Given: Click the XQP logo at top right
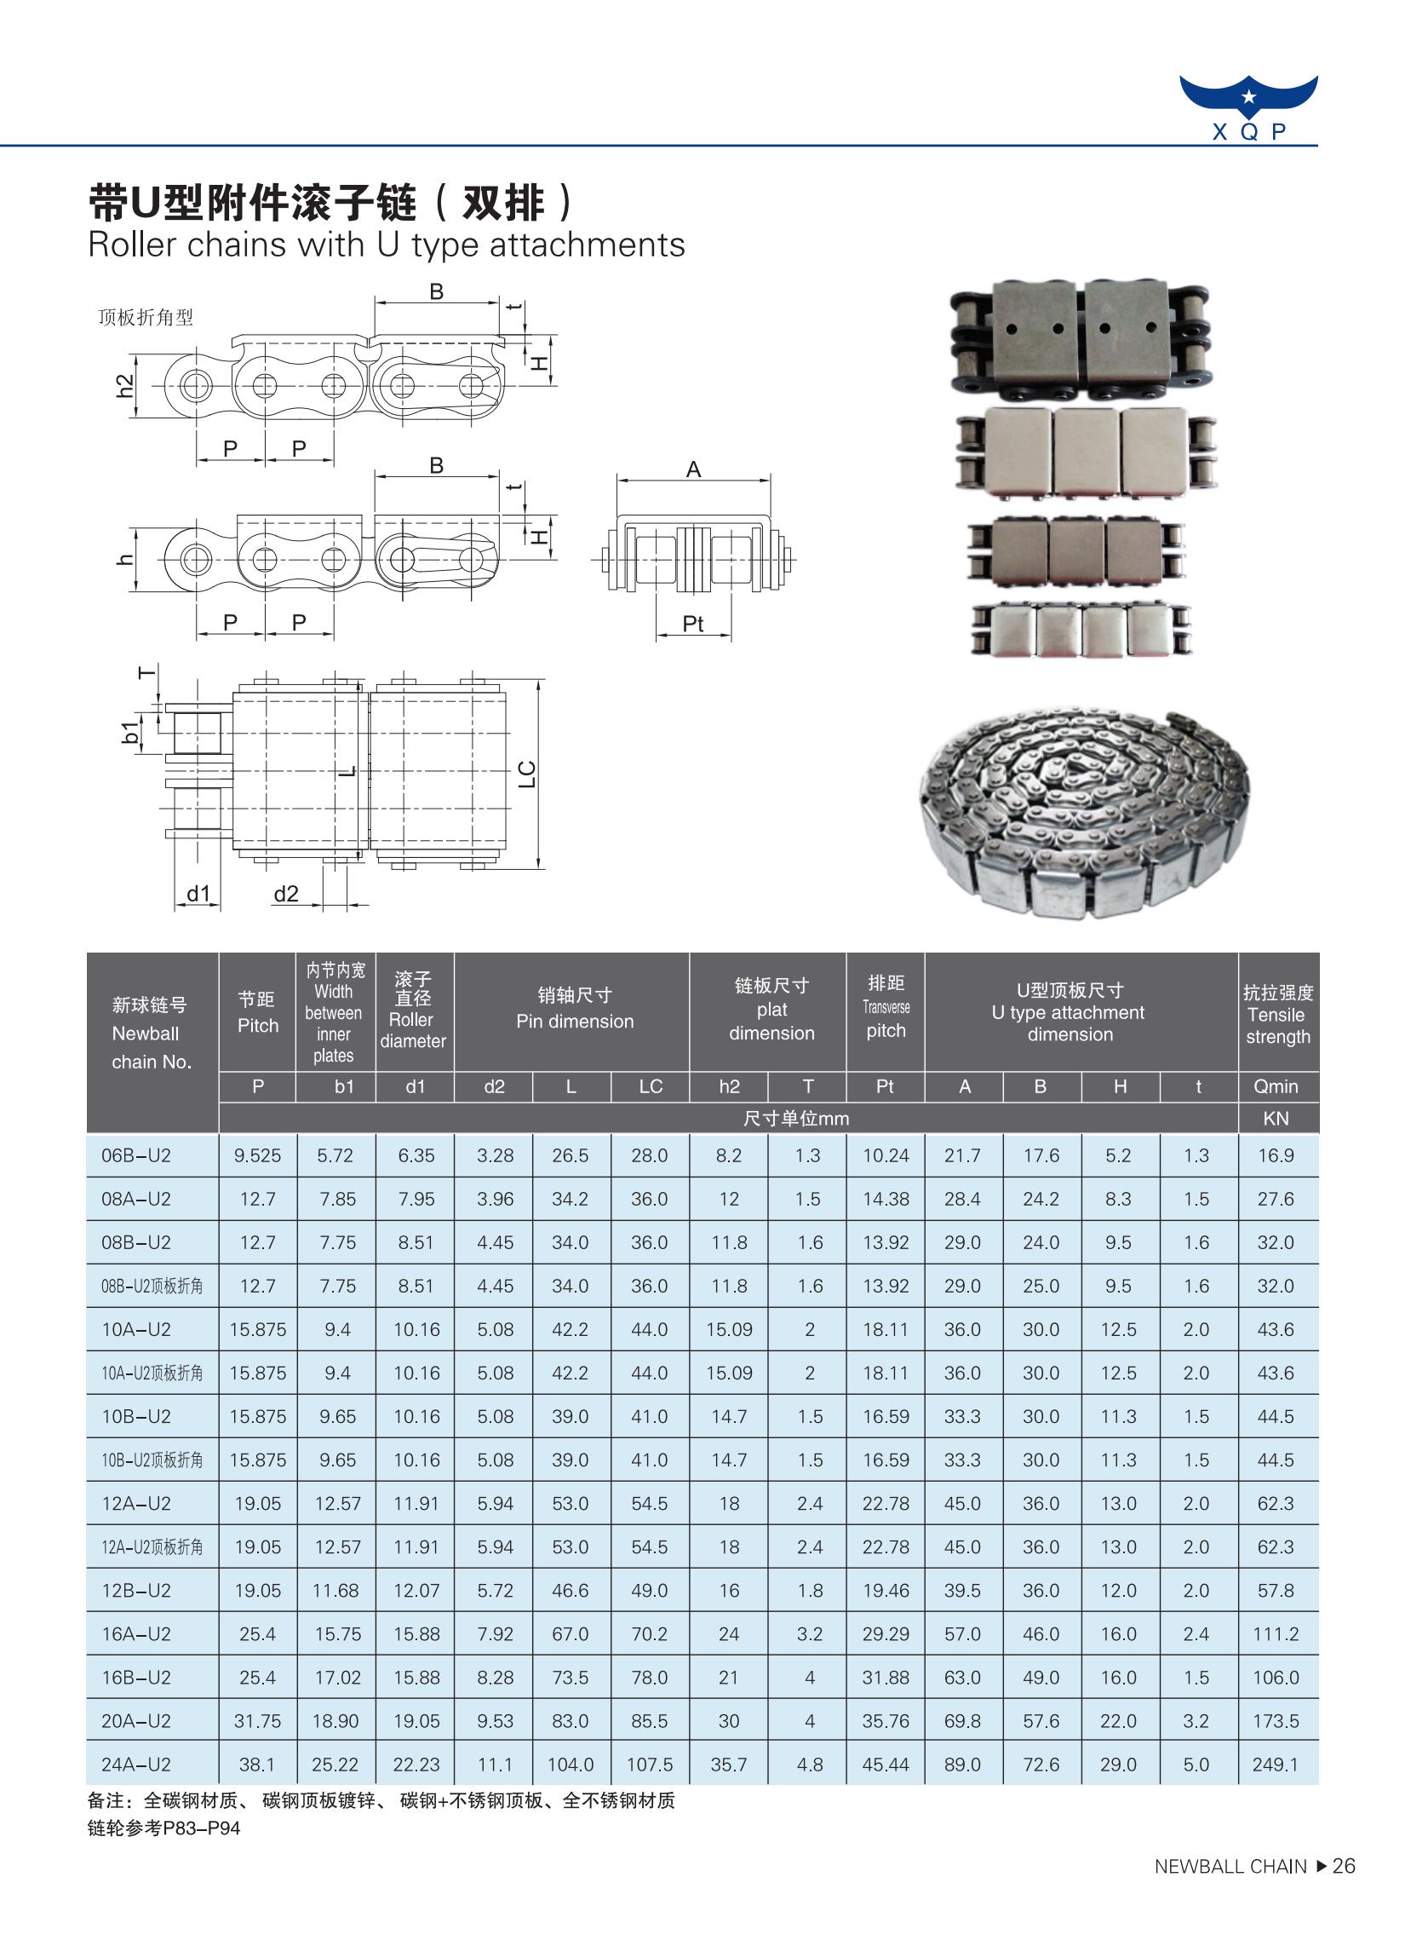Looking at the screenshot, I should click(x=1248, y=107).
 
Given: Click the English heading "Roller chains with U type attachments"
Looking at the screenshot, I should click(x=387, y=245).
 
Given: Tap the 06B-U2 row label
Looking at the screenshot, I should click(x=135, y=1155).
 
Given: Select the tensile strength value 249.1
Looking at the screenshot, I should click(x=1275, y=1765).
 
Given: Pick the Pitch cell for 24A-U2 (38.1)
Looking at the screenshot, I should click(x=258, y=1765).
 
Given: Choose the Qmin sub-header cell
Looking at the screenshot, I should click(x=1276, y=1086).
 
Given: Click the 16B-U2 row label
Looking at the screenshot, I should click(x=135, y=1677).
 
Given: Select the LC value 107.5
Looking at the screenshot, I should click(x=649, y=1765).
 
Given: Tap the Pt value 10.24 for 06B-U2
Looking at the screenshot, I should click(x=885, y=1155).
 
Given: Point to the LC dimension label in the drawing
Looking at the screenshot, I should click(x=526, y=773).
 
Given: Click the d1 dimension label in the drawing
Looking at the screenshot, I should click(x=198, y=894).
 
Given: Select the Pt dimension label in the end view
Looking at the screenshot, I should click(x=692, y=624).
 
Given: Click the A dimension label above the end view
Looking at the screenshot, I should click(x=693, y=469).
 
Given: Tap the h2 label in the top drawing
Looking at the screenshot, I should click(x=126, y=385).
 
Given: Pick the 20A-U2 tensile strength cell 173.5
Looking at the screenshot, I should click(x=1275, y=1721).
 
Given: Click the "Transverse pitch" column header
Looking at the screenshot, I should click(x=885, y=1008).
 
